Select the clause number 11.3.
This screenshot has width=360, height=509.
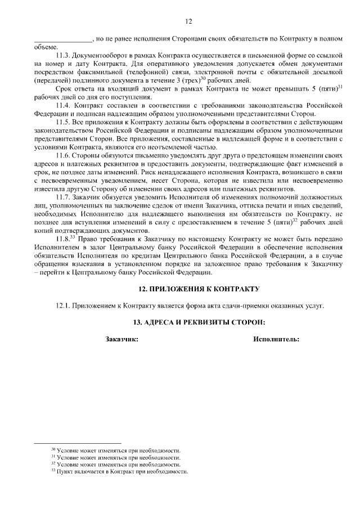63,57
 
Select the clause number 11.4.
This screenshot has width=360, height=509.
63,105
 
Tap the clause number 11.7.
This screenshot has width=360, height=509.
63,198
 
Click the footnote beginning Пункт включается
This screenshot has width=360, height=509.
121,472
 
